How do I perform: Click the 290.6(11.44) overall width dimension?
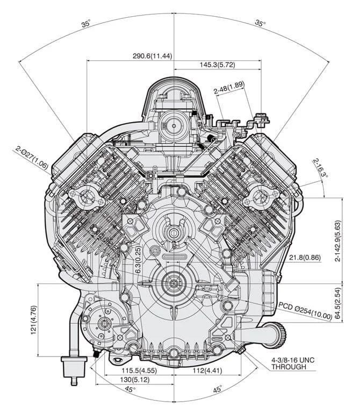pos(152,56)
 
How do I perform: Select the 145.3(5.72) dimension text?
pos(217,65)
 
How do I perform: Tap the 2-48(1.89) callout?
pos(229,88)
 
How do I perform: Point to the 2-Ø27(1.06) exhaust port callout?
pos(32,157)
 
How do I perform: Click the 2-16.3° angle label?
pos(320,168)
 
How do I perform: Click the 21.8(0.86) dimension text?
pos(305,258)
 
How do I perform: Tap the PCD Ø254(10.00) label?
pos(305,311)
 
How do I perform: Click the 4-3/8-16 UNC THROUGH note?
pos(293,363)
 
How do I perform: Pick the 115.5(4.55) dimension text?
pos(139,371)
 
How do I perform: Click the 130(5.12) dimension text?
pos(135,380)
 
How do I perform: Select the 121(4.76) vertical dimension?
pos(33,320)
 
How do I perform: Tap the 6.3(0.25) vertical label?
pos(139,260)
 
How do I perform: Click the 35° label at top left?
pos(86,23)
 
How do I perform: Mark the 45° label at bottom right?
pos(218,389)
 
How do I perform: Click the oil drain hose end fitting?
pos(74,369)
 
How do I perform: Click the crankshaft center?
pos(174,283)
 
